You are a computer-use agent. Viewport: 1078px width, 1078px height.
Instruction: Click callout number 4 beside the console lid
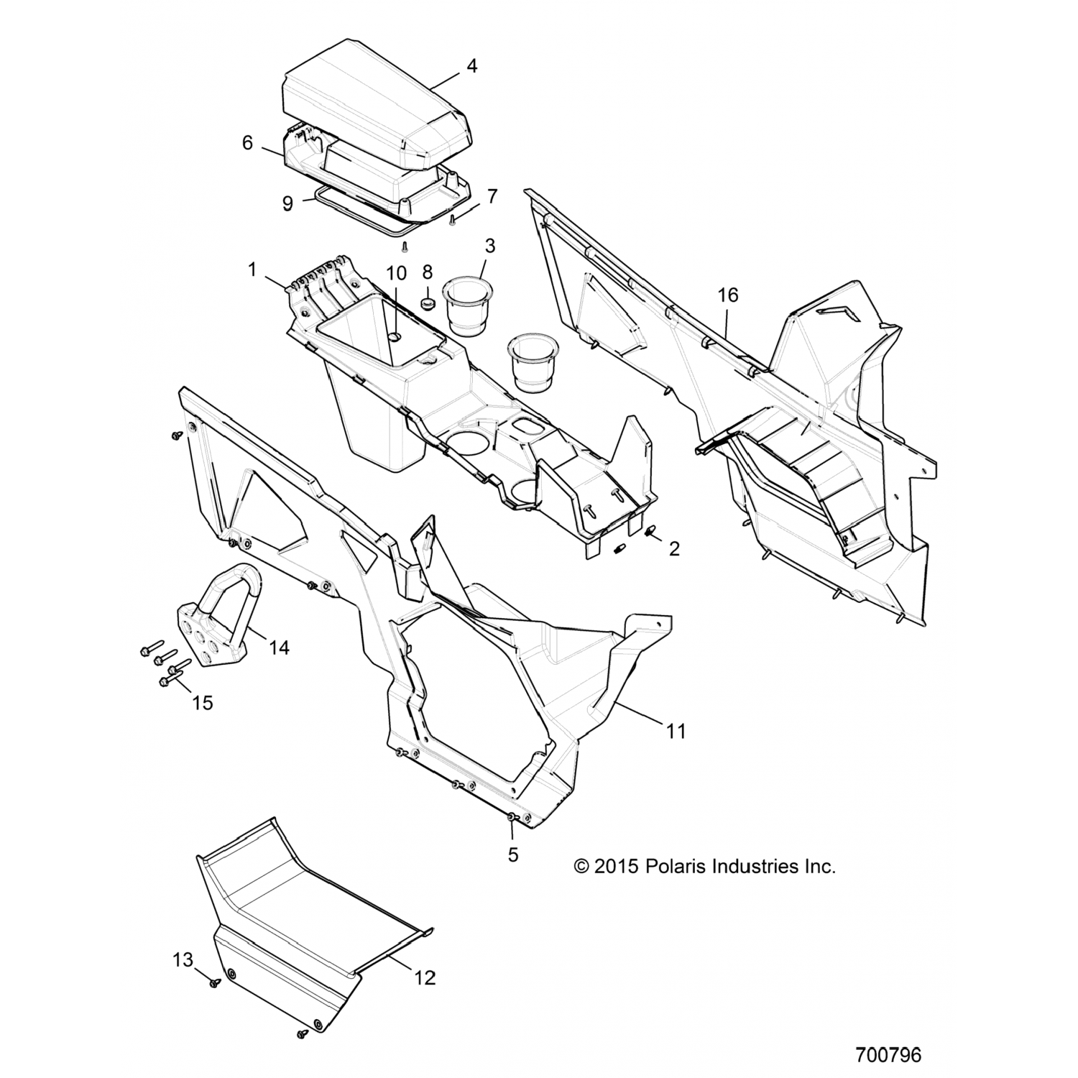(471, 66)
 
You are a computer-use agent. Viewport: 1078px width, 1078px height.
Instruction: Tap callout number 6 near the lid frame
(247, 143)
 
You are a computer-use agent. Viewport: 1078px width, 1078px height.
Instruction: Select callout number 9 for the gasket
(287, 203)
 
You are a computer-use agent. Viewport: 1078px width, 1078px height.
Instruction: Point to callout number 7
(492, 195)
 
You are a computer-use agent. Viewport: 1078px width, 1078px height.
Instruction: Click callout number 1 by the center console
(252, 270)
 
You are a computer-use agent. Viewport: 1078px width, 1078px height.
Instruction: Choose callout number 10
(396, 273)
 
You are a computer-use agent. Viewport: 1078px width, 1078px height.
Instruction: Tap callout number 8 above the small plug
(427, 272)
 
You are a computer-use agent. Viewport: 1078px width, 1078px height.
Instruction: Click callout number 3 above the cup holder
(489, 246)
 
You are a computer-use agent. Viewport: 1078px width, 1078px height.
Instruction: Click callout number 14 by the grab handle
(279, 648)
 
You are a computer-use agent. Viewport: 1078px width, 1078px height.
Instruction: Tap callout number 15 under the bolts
(203, 702)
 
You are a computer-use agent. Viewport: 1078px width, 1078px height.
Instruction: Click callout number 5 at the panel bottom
(513, 854)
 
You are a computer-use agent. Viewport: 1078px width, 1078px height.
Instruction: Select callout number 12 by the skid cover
(425, 977)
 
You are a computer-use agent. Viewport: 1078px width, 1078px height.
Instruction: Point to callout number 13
(183, 959)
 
